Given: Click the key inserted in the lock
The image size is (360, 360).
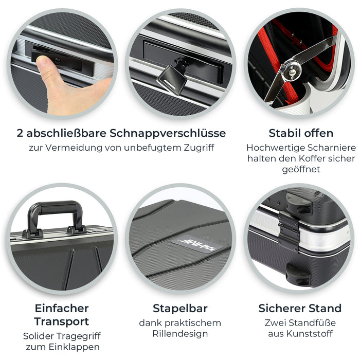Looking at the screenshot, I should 172,77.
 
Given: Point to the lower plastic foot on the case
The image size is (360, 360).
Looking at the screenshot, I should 299,274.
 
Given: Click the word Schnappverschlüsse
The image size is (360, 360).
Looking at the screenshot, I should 168,133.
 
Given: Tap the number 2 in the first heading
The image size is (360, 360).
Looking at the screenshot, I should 20,133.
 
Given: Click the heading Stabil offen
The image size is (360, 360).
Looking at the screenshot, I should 300,133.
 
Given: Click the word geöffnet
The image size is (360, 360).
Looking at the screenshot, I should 300,169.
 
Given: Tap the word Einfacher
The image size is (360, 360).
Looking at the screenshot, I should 62,309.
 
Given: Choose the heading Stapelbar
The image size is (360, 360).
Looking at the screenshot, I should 180,309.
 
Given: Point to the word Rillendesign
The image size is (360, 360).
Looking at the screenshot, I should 180,334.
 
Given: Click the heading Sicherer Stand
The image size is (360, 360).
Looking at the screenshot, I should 300,309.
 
